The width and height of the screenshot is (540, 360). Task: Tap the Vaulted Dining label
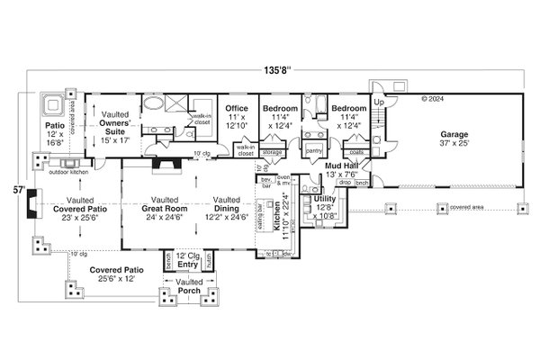coord(227,207)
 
